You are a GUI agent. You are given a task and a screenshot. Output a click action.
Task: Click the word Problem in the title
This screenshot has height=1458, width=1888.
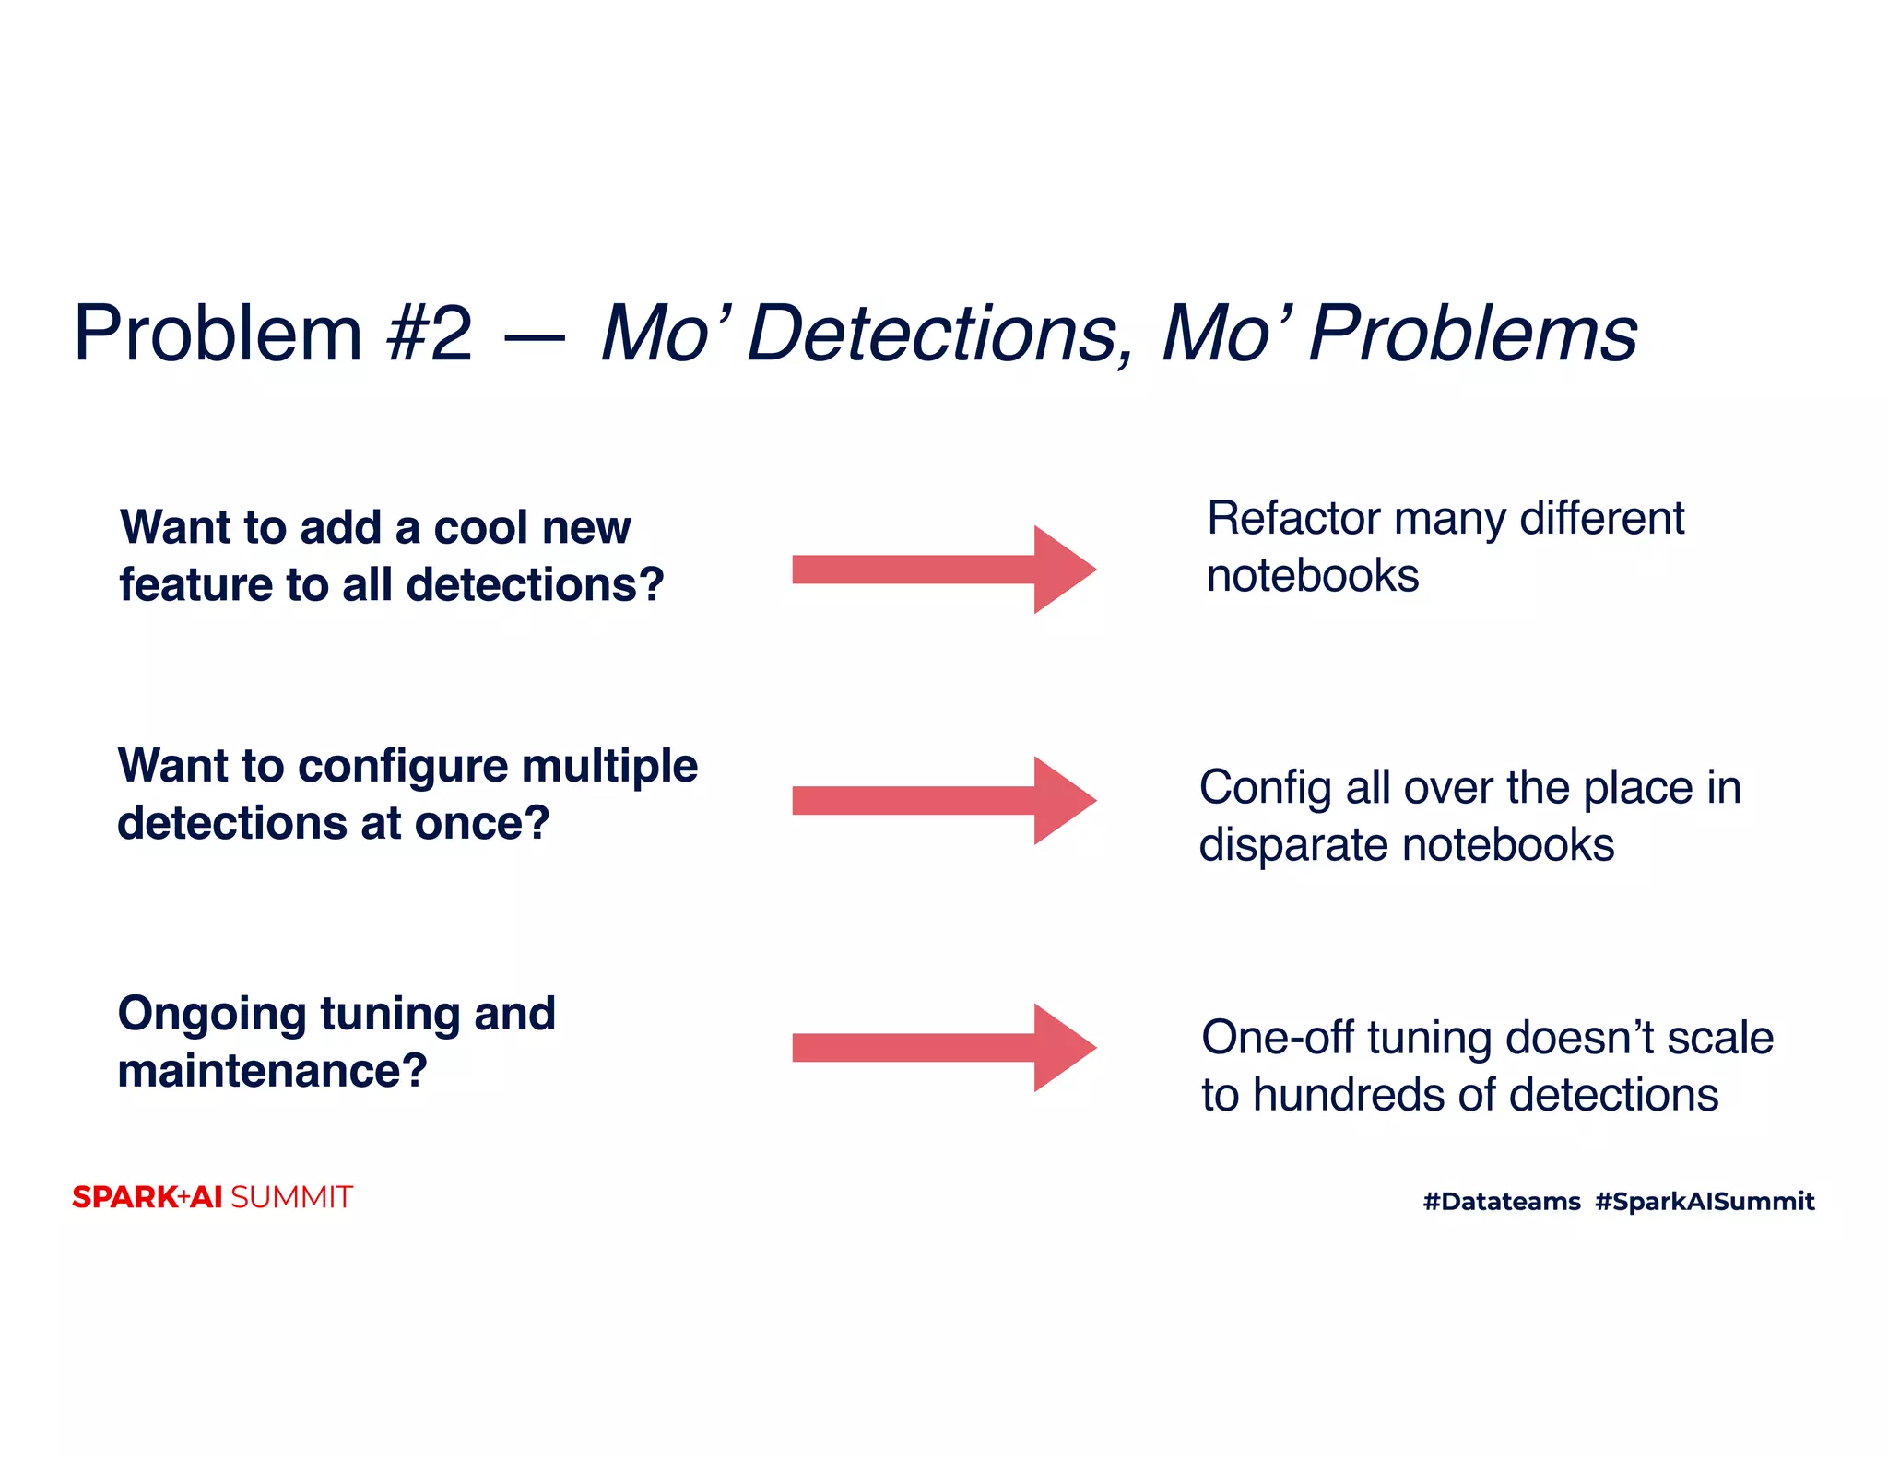(x=218, y=334)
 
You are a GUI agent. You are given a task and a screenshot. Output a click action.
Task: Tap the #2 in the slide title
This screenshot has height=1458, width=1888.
(x=430, y=334)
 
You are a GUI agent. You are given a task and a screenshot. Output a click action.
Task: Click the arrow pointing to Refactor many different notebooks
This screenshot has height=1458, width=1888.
(x=943, y=570)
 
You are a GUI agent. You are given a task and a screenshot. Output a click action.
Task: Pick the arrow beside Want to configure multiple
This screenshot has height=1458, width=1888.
(x=943, y=800)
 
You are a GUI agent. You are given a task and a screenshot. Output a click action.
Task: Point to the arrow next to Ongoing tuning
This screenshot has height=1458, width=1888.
(x=943, y=1048)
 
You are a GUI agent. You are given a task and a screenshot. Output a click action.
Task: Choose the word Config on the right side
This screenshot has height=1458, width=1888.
(x=1266, y=788)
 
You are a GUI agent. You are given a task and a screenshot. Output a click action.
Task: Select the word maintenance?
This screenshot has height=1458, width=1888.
(x=272, y=1072)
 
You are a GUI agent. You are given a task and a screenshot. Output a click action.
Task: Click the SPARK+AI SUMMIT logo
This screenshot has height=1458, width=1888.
(x=212, y=1197)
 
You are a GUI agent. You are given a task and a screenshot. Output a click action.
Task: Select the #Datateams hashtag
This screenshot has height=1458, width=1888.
(x=1502, y=1201)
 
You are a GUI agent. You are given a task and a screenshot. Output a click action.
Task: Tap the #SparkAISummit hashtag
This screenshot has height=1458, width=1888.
(x=1705, y=1201)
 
